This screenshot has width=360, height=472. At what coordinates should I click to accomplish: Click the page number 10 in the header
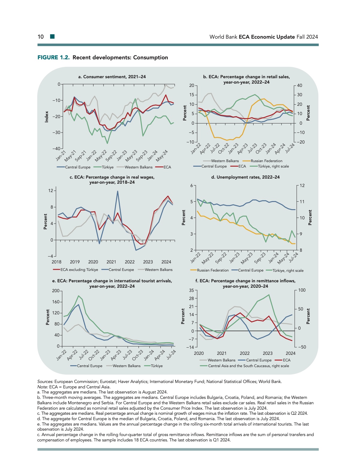[40, 37]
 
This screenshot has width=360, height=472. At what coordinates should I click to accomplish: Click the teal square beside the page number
[52, 37]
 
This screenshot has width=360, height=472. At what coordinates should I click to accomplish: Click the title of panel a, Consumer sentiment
[112, 77]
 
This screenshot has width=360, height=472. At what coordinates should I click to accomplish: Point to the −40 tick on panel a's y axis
[56, 149]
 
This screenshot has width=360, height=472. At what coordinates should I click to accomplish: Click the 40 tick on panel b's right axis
[299, 85]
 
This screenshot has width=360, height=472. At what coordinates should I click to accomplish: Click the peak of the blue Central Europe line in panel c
[118, 191]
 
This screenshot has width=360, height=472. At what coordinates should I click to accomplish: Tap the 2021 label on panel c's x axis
[111, 262]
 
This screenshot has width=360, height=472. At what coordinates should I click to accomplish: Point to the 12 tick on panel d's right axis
[302, 186]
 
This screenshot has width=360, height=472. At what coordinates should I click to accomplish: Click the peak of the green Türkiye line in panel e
[79, 296]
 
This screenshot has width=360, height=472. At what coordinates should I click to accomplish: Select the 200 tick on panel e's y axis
[56, 291]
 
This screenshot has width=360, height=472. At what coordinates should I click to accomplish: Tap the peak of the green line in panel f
[269, 295]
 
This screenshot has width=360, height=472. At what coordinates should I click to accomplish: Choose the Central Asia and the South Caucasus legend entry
[248, 366]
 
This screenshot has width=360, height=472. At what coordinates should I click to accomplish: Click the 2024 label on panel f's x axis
[290, 353]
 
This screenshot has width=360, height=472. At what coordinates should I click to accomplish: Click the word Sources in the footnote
[45, 381]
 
